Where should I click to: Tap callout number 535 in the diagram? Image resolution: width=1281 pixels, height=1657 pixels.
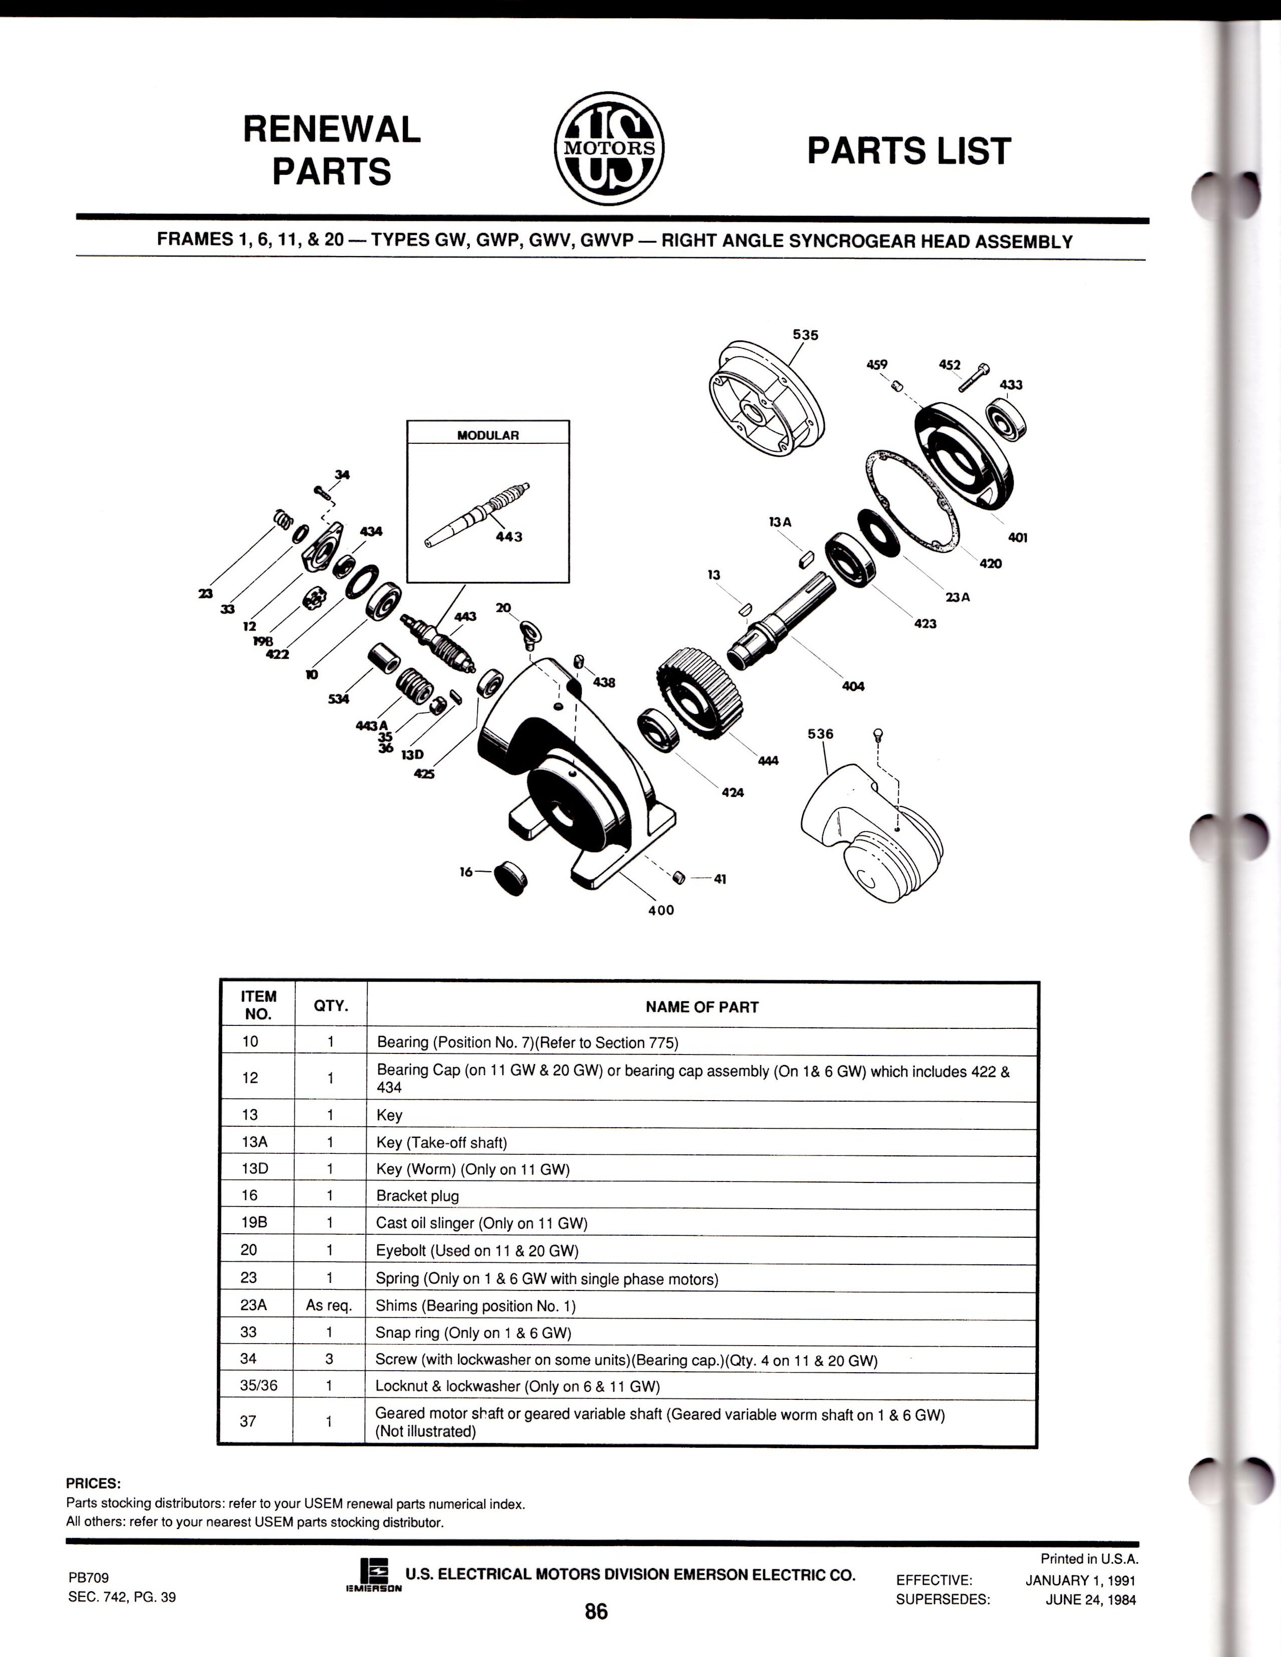point(805,334)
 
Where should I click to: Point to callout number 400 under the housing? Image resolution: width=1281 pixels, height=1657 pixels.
point(661,910)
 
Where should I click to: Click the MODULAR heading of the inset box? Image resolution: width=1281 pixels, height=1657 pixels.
point(488,435)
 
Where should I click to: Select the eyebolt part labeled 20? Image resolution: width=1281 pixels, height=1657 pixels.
point(529,634)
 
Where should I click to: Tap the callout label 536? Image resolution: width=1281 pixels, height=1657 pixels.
point(820,734)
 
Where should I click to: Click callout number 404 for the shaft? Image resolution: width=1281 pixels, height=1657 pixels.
point(853,686)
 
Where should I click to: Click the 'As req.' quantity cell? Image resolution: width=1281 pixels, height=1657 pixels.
point(330,1305)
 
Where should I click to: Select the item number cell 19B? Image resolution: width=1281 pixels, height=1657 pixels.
point(250,1223)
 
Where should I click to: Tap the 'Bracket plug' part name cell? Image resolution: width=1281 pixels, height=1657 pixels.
point(417,1196)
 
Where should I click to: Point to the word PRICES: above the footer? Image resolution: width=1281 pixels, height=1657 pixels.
point(93,1484)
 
